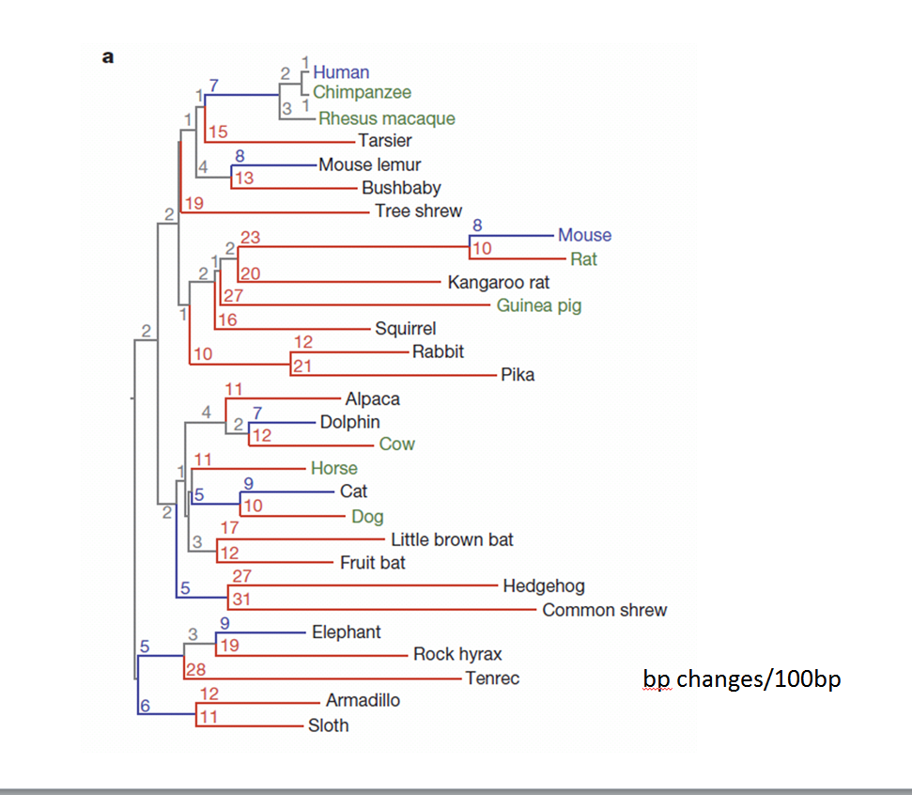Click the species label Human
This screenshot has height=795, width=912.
341,71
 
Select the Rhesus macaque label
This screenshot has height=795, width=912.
386,118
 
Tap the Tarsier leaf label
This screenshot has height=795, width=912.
385,141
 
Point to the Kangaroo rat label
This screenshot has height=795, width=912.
499,282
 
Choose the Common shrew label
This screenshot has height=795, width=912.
604,610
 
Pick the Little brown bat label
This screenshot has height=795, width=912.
452,539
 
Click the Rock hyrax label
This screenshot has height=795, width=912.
457,654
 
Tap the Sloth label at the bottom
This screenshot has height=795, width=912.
328,725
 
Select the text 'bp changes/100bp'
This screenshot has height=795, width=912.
741,678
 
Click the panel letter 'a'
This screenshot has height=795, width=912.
108,56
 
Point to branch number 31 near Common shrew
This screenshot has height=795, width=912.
241,599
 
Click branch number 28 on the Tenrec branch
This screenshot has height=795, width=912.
195,668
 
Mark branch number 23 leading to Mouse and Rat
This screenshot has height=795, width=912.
250,238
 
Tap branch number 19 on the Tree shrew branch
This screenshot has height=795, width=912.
193,202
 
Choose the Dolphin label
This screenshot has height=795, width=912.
349,422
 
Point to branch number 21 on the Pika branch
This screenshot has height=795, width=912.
301,366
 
